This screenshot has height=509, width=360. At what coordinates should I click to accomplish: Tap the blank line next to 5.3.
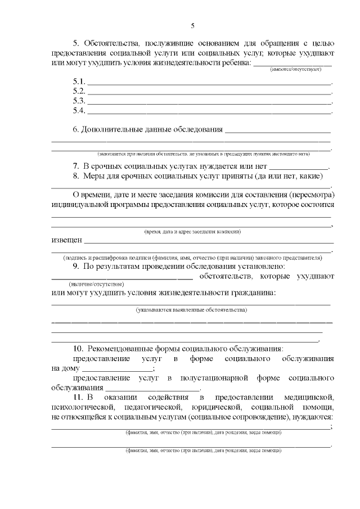[208, 102]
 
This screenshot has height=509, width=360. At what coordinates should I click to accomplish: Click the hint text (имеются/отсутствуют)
[295, 69]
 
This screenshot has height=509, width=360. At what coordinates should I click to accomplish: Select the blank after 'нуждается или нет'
[299, 167]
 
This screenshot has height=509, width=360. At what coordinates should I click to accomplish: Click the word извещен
[67, 239]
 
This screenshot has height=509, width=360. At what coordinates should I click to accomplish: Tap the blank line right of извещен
[208, 241]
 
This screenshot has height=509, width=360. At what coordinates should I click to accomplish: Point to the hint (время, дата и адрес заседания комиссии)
[192, 232]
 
